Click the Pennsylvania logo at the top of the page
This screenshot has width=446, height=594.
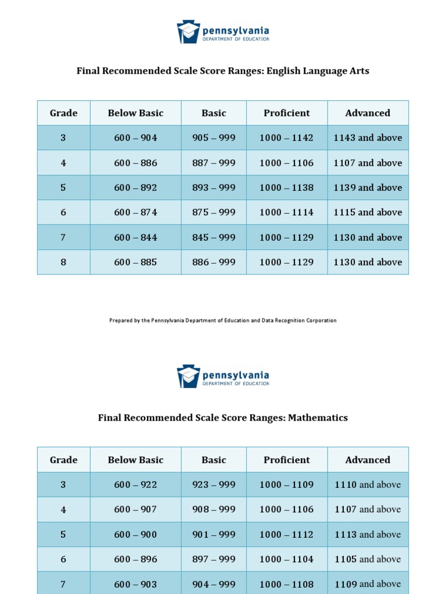(223, 31)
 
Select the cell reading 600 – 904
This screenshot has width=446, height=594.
(135, 138)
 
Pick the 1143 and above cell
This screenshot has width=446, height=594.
(368, 138)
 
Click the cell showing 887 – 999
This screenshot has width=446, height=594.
(214, 163)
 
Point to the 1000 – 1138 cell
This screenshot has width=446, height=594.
(286, 188)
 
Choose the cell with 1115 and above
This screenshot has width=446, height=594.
(368, 212)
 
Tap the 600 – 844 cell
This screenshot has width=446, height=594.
(135, 237)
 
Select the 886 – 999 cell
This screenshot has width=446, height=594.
(214, 262)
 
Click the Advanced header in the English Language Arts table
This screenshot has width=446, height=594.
(368, 113)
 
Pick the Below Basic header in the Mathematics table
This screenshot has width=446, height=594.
(135, 460)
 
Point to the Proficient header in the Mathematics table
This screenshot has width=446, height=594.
(286, 460)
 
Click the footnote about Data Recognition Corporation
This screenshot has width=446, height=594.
(223, 320)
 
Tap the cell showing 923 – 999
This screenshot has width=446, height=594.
(214, 485)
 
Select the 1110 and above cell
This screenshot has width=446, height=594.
(368, 485)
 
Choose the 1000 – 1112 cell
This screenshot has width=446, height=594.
(286, 534)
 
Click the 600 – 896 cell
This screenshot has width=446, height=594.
(135, 559)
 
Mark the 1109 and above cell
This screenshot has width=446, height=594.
(368, 584)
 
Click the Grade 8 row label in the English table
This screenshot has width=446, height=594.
(63, 262)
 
